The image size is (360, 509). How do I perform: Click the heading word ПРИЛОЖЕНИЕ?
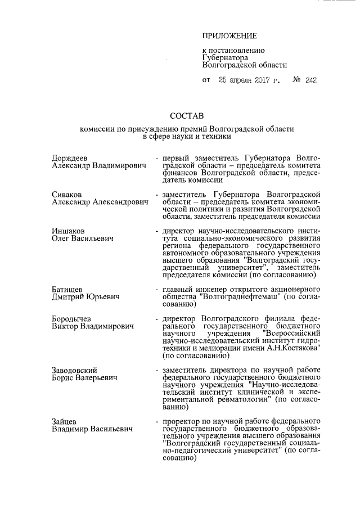point(229,37)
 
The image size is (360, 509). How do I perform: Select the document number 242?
point(310,80)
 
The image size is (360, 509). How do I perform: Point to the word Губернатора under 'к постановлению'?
point(225,57)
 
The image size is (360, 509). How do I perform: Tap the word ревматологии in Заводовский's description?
point(233,399)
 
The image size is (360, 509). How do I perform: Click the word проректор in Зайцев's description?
point(182,421)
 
